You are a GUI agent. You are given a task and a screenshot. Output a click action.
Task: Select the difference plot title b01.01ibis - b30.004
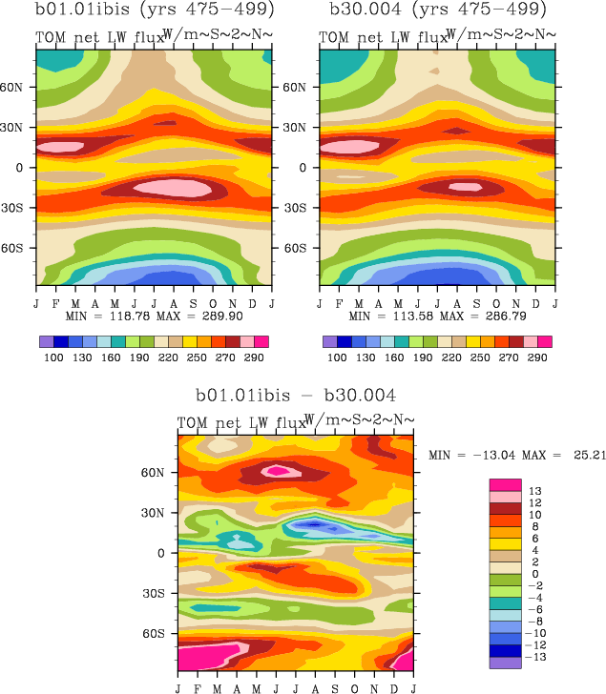coord(296,395)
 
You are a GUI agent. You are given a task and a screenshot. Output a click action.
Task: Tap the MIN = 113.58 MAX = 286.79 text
coord(435,315)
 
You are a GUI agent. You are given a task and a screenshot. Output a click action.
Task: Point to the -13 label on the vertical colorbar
coord(537,657)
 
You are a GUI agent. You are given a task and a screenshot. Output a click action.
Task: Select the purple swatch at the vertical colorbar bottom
coord(504,663)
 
